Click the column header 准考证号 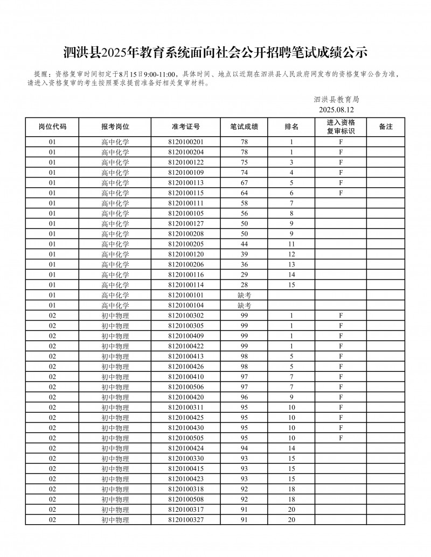(x=186, y=127)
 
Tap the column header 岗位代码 (x=52, y=127)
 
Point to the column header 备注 (x=386, y=127)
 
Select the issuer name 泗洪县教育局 (x=336, y=100)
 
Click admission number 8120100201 (x=186, y=142)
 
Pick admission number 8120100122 (x=186, y=163)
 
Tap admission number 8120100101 (x=186, y=295)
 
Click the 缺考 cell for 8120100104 (x=244, y=305)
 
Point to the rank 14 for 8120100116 (x=291, y=275)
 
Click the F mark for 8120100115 (x=340, y=193)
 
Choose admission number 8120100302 (x=186, y=315)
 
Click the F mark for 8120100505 (x=340, y=438)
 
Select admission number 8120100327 (x=186, y=520)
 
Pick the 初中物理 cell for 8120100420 (x=115, y=397)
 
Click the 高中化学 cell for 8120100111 (x=115, y=203)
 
